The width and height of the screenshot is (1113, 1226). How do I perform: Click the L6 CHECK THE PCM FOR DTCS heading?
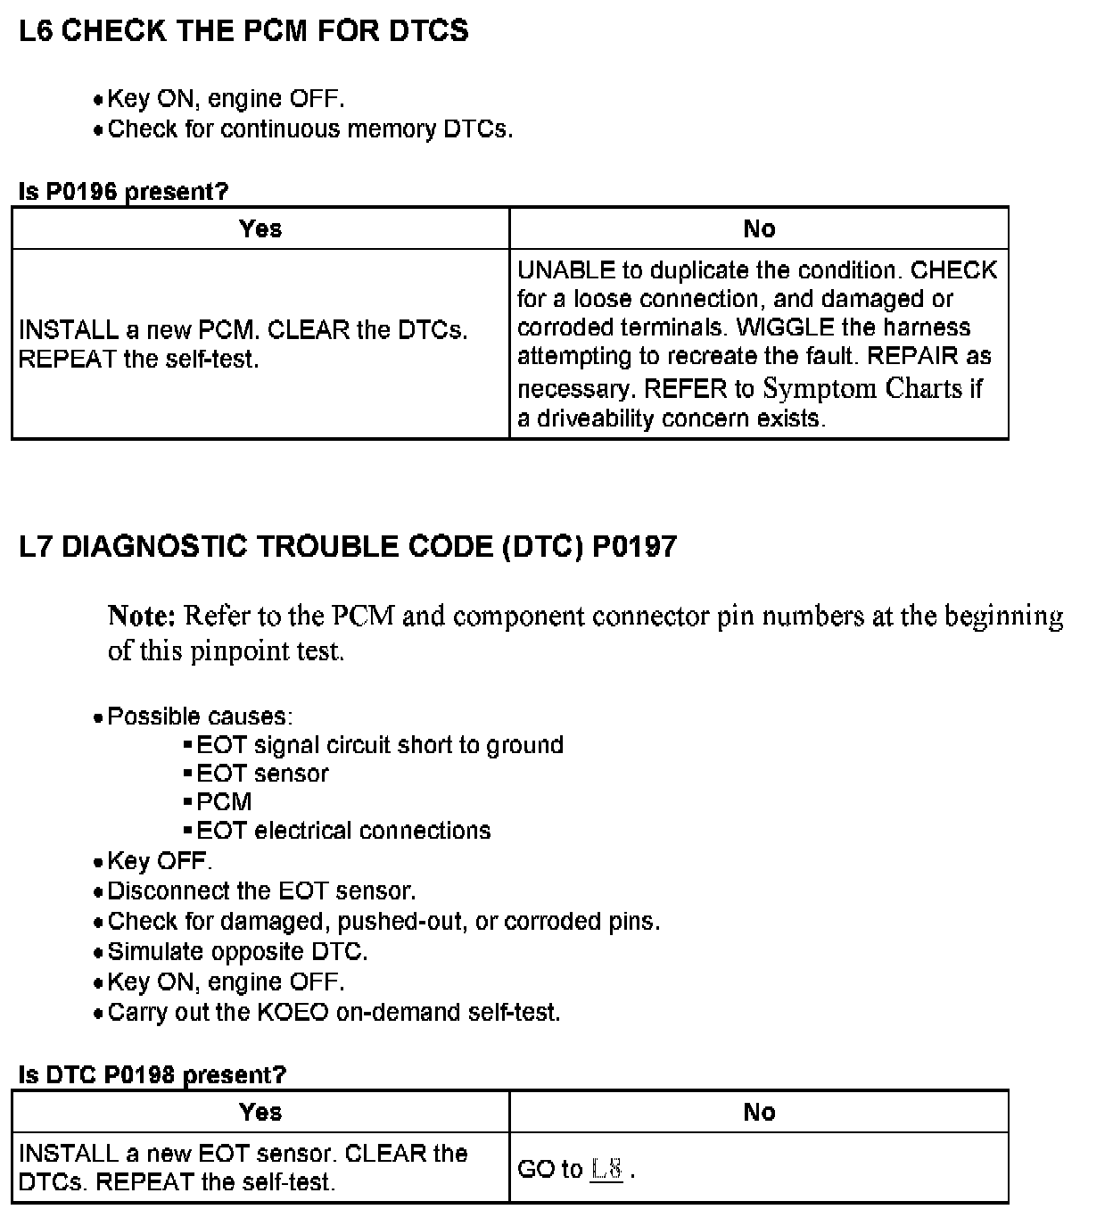243,31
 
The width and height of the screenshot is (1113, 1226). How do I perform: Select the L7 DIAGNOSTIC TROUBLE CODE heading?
348,546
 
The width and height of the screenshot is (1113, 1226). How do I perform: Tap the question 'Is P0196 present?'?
123,191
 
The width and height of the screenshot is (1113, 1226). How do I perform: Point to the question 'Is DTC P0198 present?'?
152,1074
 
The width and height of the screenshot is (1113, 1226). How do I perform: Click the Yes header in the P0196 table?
260,229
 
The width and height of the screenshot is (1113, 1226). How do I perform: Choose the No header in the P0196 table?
759,229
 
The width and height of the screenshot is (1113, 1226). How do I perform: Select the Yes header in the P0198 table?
260,1112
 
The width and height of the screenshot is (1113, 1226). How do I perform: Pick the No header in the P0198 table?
759,1112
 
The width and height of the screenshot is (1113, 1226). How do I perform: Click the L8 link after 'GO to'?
606,1169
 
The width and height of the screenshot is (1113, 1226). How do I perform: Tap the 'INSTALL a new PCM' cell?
243,344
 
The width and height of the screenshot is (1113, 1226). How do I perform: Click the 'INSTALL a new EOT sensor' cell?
243,1167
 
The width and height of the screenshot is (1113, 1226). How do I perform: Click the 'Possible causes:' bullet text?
200,717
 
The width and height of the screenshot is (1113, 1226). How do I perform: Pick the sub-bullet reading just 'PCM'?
224,801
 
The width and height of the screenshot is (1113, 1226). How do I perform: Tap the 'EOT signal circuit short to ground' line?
380,745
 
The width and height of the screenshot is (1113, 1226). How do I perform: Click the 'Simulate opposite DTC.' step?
237,951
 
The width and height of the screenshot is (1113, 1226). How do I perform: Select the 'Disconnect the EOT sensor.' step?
261,891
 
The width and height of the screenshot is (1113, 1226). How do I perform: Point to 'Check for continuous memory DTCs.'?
309,129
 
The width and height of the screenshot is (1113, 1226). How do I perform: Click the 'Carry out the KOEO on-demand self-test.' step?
334,1013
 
